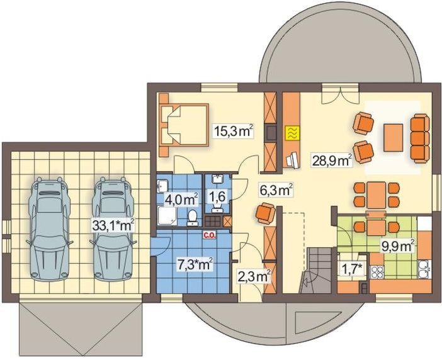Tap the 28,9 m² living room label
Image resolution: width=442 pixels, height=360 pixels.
[x=331, y=160]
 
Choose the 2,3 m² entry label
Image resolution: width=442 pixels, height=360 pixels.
[x=254, y=275]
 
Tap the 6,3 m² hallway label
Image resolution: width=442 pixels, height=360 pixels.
[x=275, y=188]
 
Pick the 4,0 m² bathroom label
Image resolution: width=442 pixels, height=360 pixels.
[x=181, y=200]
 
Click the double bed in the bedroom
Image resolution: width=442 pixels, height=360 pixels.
[x=183, y=125]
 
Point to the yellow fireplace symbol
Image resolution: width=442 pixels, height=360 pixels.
[x=292, y=133]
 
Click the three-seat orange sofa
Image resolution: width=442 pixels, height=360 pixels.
[x=419, y=137]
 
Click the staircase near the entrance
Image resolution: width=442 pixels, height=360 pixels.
[x=315, y=267]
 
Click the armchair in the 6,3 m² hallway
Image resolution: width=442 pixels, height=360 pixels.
[x=264, y=214]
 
